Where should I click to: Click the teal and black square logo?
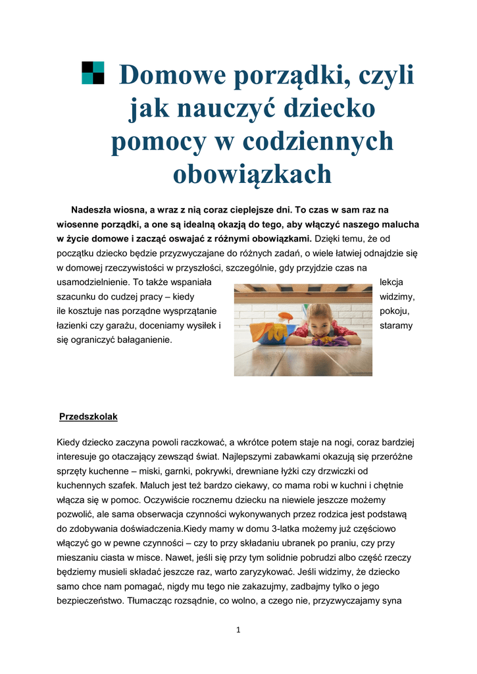point(93,73)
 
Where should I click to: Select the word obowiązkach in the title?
point(252,174)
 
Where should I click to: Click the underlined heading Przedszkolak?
point(88,417)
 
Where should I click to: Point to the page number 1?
point(238,630)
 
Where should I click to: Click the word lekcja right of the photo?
point(391,282)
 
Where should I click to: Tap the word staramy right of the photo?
point(397,326)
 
